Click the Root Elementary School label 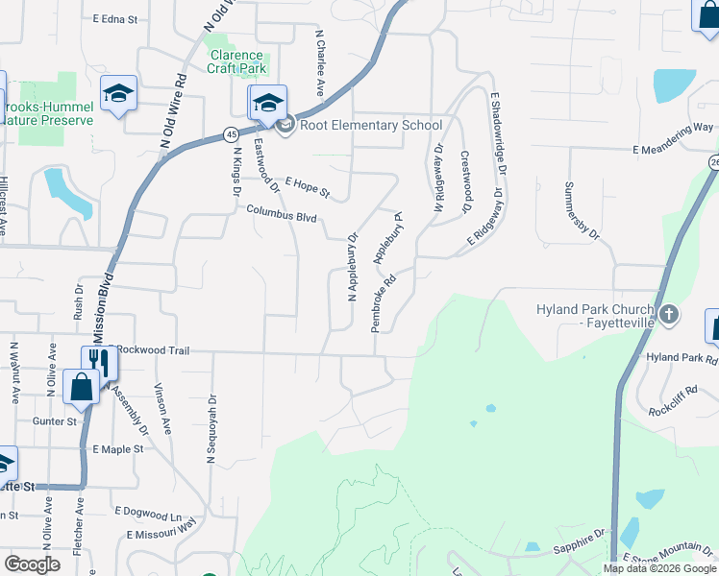371,125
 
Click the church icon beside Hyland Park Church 669,314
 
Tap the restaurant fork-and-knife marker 99,361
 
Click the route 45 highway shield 233,132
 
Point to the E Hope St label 307,186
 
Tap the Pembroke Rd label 384,305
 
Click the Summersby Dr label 582,210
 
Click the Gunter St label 55,420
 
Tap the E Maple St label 118,448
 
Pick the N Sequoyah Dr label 211,429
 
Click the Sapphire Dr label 577,543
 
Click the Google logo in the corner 32,564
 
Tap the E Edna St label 115,18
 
